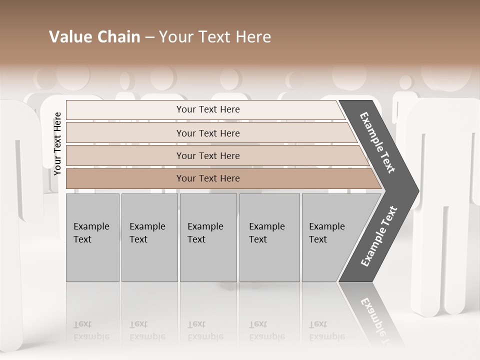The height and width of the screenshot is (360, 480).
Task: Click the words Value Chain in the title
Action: coord(94,37)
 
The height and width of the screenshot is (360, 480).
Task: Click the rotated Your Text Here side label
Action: coord(57,143)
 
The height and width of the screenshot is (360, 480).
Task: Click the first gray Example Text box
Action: coord(92,237)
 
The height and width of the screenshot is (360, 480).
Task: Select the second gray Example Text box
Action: coord(149,237)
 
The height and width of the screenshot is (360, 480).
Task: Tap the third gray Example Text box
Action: coord(208,237)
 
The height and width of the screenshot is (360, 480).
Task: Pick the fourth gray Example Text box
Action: coord(269,237)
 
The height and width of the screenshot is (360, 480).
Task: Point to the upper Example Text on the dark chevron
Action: coord(378,142)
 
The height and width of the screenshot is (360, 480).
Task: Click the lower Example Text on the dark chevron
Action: coord(379,236)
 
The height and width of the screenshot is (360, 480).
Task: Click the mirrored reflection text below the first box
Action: coord(91,330)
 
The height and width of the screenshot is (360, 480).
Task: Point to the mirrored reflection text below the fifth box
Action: coord(327,330)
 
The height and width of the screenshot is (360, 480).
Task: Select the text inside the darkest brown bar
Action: coord(208,178)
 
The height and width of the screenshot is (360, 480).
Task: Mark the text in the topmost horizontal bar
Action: coord(208,109)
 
